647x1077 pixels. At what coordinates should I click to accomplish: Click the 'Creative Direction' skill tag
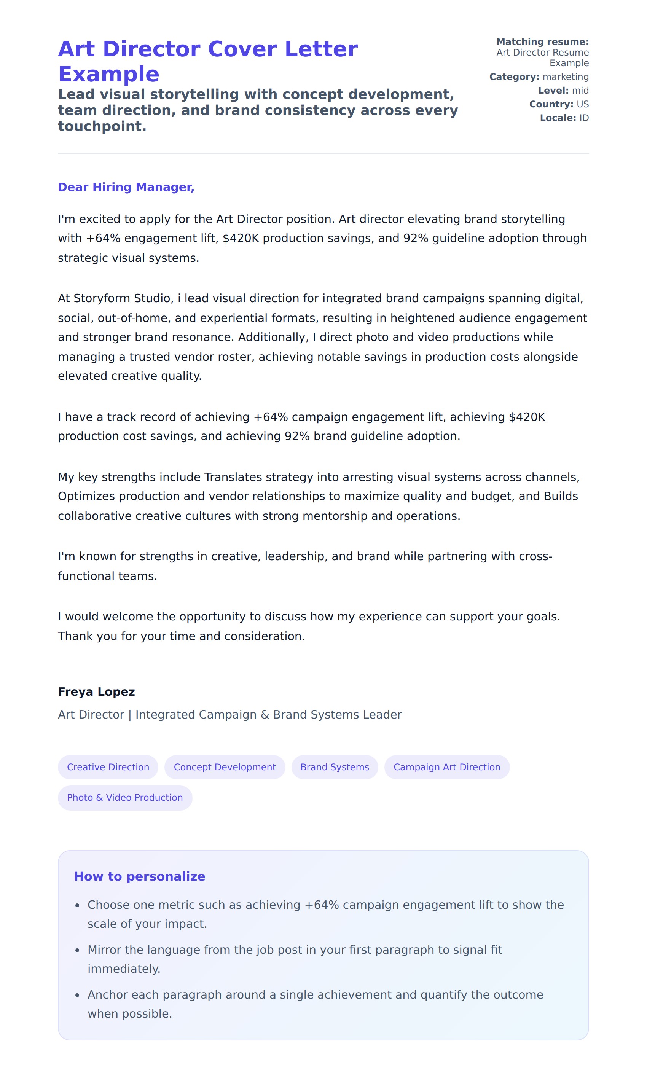pos(108,767)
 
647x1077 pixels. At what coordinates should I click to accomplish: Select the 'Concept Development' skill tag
pos(225,767)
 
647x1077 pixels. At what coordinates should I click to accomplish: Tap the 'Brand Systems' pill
pos(335,767)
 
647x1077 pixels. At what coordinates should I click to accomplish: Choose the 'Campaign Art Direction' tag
pos(446,767)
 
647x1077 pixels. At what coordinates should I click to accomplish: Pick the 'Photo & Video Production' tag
pos(125,798)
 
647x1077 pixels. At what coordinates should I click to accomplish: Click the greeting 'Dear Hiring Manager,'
pos(126,187)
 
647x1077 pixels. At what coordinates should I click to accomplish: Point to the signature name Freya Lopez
pos(96,692)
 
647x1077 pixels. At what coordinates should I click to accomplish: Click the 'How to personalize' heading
pos(140,876)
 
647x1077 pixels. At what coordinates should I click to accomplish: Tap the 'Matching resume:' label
pos(542,42)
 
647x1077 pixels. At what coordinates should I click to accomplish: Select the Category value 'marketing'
pos(566,77)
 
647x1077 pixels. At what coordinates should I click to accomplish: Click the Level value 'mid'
pos(580,90)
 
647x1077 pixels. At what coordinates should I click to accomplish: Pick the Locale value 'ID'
pos(584,118)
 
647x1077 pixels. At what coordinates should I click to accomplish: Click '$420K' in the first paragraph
pos(241,238)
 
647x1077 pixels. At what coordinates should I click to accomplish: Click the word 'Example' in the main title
pos(108,74)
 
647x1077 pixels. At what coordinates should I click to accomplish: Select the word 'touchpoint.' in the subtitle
pos(102,126)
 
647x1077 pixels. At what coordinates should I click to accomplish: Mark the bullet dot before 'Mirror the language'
pos(78,951)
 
